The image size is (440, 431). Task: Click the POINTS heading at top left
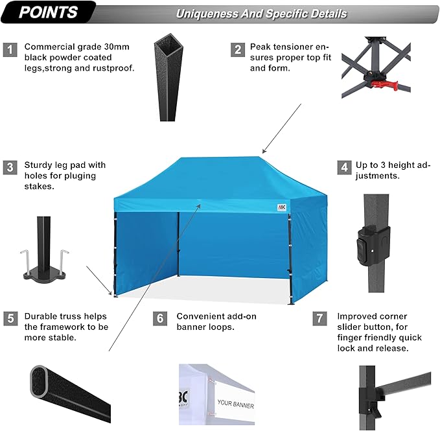[x=49, y=12]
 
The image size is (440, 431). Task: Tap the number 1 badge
[x=10, y=49]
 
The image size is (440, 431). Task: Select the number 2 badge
[x=238, y=49]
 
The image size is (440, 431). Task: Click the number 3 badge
[x=10, y=167]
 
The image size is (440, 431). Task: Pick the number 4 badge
[x=343, y=167]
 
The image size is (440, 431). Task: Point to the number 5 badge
[x=10, y=319]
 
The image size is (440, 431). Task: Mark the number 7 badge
[x=319, y=319]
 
